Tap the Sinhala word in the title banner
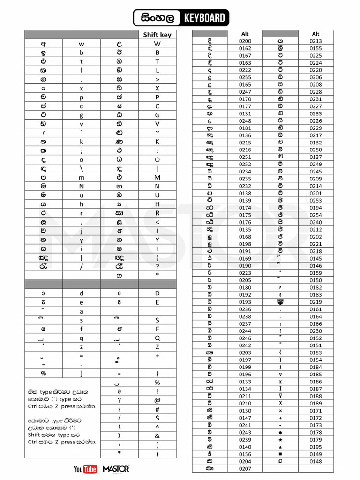[x=157, y=18]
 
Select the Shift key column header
[x=157, y=35]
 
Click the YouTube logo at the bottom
[x=85, y=469]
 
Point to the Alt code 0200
[x=245, y=41]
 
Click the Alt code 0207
[x=245, y=468]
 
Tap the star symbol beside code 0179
[x=280, y=440]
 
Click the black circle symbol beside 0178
[x=280, y=432]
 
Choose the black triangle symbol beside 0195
[x=280, y=447]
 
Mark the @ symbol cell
[x=157, y=400]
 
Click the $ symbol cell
[x=157, y=418]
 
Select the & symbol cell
[x=157, y=435]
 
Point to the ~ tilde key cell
[x=157, y=133]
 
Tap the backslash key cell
[x=81, y=168]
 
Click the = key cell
[x=81, y=356]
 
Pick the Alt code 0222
[x=245, y=70]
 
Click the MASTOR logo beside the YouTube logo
[x=115, y=469]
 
